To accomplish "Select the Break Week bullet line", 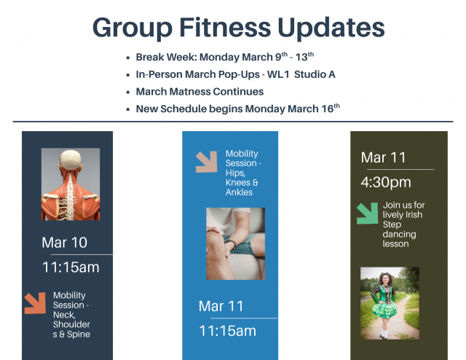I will (224, 57).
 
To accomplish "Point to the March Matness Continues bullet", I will (200, 92).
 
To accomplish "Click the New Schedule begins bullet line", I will (237, 109).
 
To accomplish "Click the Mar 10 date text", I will (64, 243).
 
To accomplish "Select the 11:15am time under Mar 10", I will (71, 267).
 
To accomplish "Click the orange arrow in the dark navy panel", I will (35, 303).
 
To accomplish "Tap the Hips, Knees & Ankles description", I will (242, 173).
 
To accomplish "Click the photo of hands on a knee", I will (235, 243).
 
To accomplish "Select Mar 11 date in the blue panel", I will (221, 306).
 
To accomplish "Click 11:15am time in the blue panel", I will (228, 330).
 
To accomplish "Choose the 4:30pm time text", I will (386, 181).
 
